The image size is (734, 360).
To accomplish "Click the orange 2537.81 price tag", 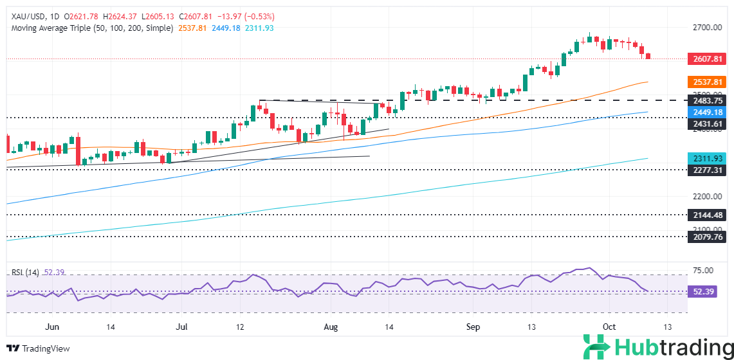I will [x=706, y=82].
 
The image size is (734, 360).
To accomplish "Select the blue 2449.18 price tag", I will [x=706, y=111].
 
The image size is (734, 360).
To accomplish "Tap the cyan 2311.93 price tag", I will [x=706, y=158].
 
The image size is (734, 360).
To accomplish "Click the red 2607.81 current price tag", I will [x=706, y=59].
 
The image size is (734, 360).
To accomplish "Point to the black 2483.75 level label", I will [x=706, y=100].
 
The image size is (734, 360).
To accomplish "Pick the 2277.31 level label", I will [x=706, y=170].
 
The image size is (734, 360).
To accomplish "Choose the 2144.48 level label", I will [x=706, y=215].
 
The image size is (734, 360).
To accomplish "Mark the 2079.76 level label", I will [x=706, y=236].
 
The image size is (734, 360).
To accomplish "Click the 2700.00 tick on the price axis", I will [x=706, y=28].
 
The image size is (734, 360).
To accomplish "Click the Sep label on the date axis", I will [x=473, y=327].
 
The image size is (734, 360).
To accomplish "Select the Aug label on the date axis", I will [x=331, y=327].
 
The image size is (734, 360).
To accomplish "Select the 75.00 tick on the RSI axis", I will [x=704, y=271].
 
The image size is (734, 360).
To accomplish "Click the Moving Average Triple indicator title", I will [x=91, y=28].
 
